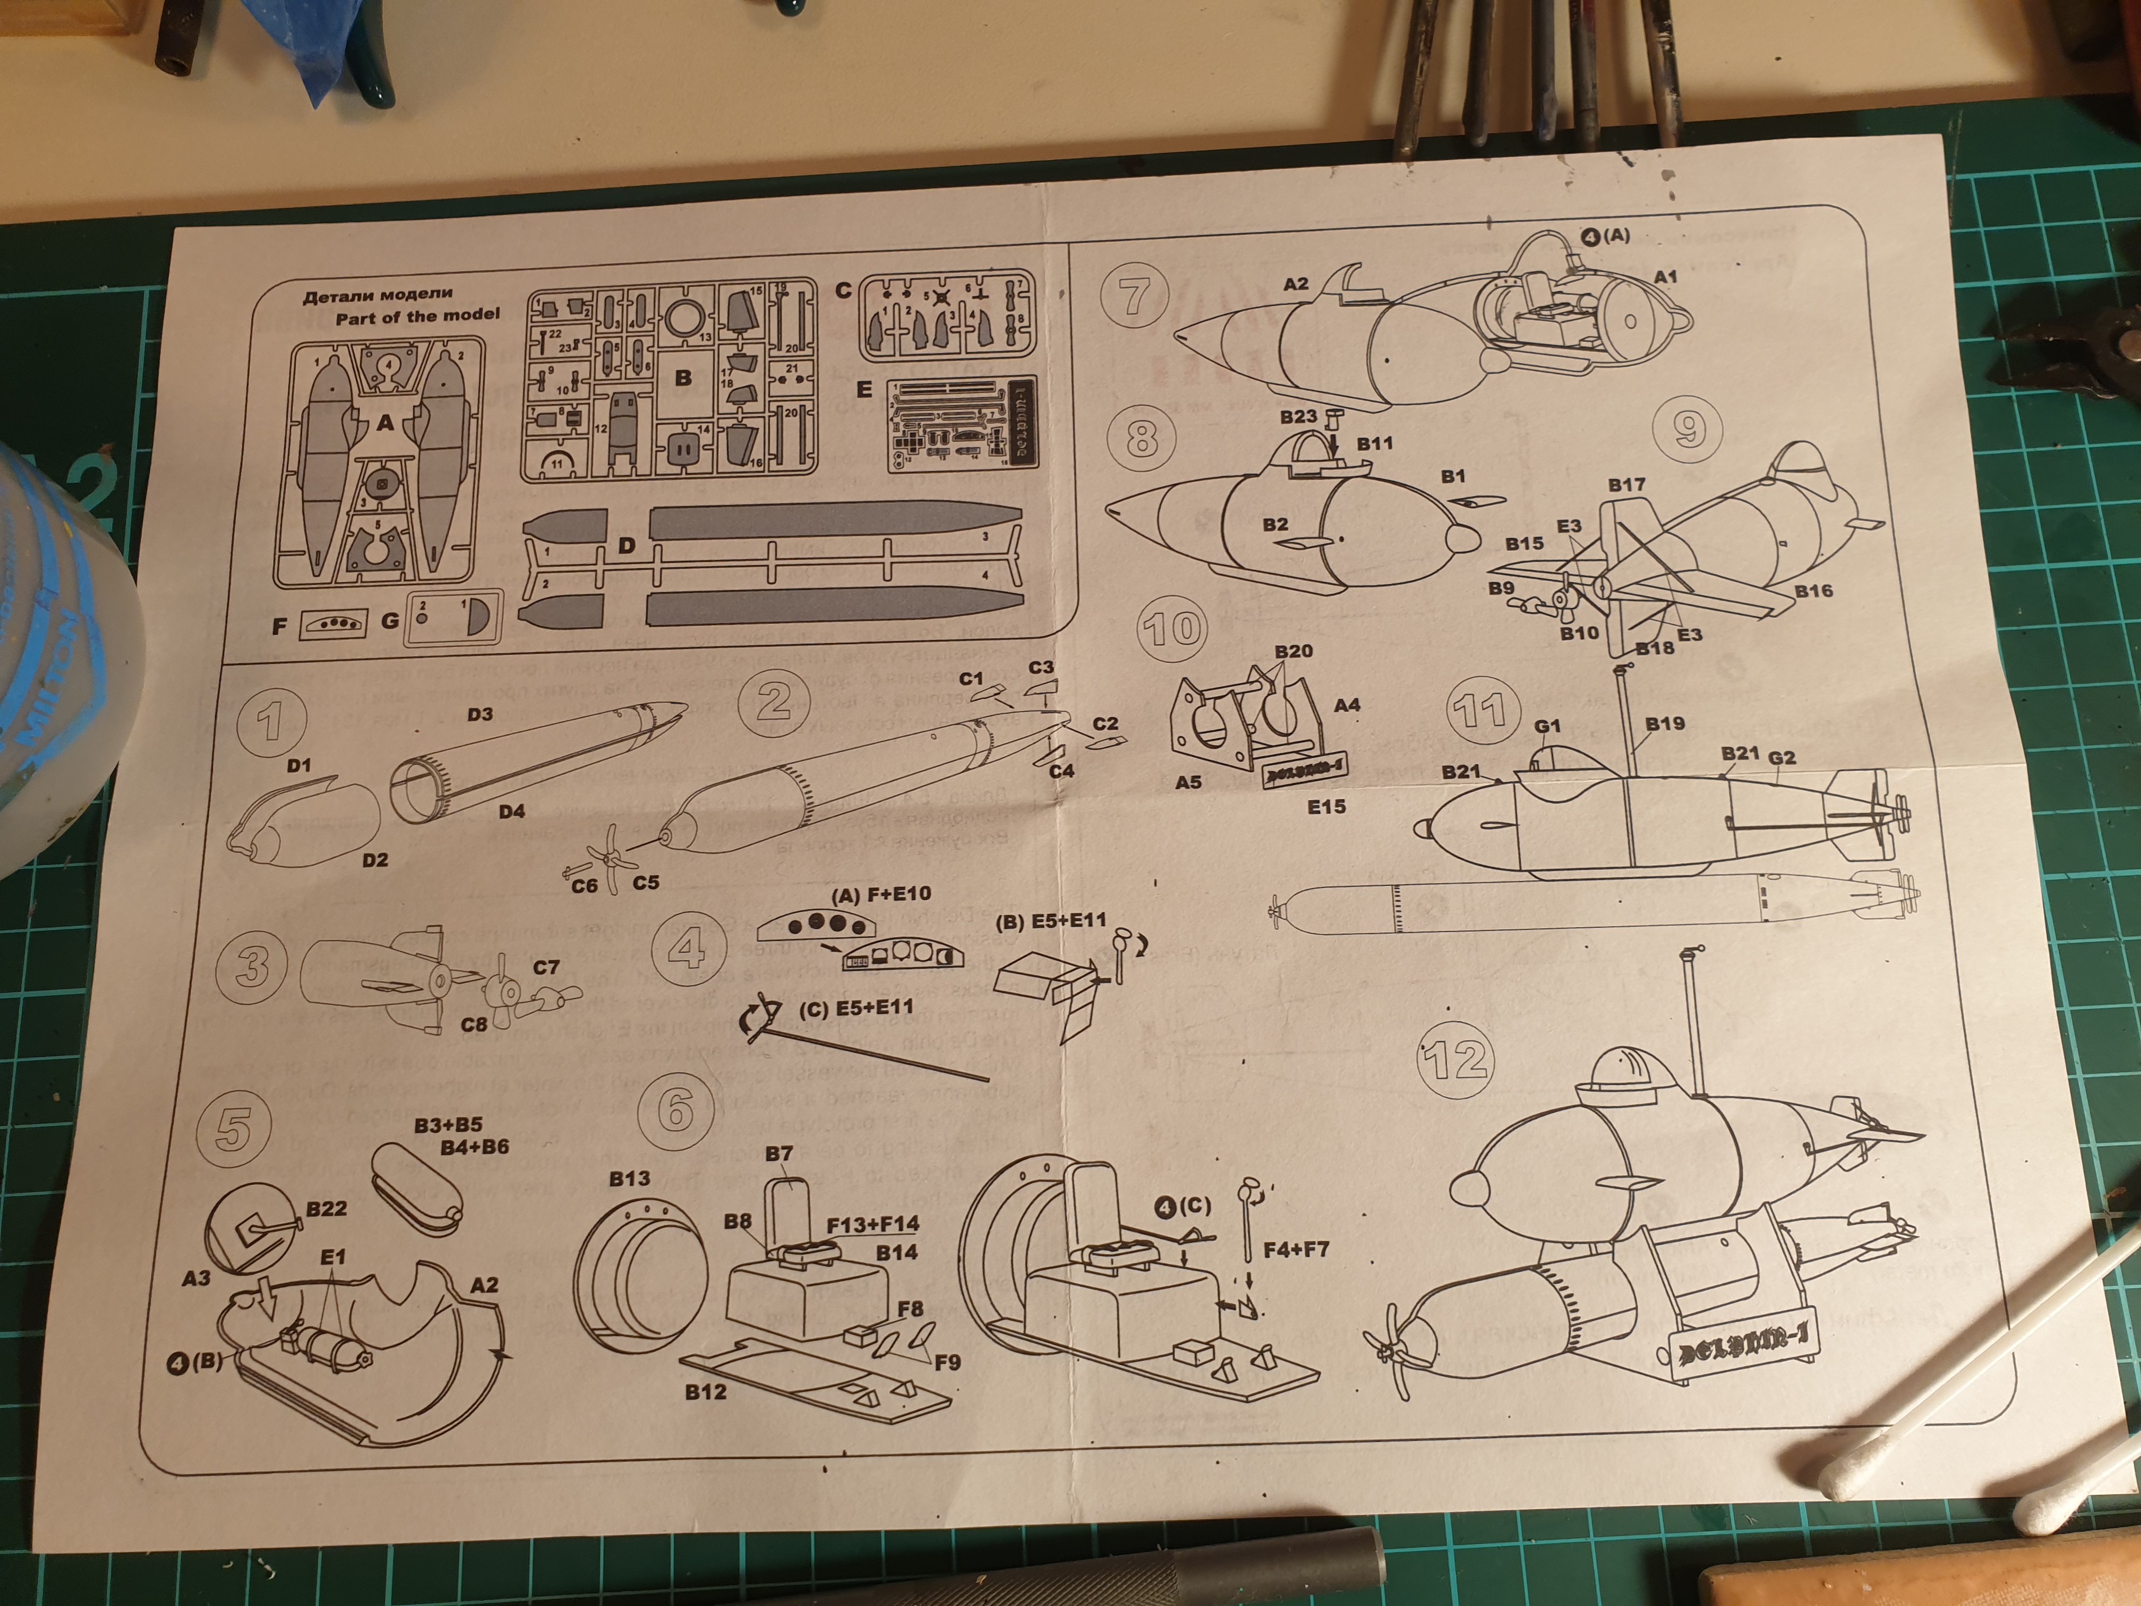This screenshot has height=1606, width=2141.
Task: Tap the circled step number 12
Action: click(x=1455, y=1059)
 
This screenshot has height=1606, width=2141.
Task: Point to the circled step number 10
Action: click(x=1173, y=629)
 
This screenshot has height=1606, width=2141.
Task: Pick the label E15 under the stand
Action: click(x=1326, y=806)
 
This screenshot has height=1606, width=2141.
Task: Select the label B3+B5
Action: click(x=447, y=1125)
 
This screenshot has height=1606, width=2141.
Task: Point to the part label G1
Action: click(x=1548, y=726)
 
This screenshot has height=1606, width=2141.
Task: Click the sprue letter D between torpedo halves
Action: click(x=626, y=546)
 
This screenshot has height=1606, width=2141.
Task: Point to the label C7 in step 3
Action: click(x=546, y=967)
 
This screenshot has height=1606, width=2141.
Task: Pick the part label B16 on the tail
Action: click(x=1813, y=591)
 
